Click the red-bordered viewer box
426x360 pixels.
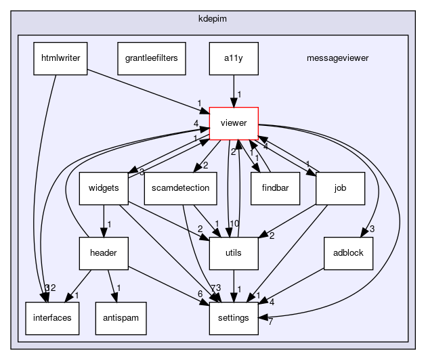pos(234,123)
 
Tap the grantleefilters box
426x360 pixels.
pos(147,58)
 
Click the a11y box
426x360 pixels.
pos(234,58)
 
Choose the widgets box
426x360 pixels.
pos(103,187)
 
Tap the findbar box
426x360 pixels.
pos(274,187)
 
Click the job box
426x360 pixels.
pos(341,187)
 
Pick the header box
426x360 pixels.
pos(103,252)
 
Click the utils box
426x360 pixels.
pos(234,252)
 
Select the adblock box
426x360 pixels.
pos(349,252)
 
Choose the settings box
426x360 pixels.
pos(234,317)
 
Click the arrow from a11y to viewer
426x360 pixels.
pos(234,90)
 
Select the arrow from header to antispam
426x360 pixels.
pos(113,285)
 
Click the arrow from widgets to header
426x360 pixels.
pos(103,220)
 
